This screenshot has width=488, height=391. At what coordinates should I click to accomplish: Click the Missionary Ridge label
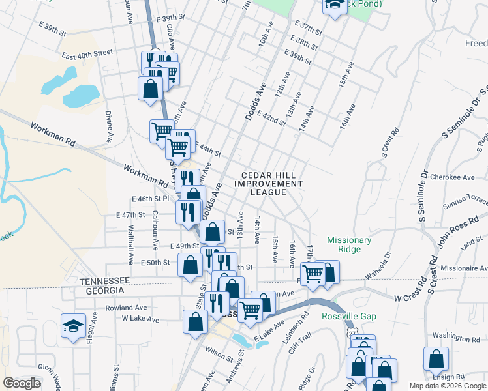click(x=349, y=244)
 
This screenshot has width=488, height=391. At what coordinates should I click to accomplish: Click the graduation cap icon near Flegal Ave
click(x=73, y=325)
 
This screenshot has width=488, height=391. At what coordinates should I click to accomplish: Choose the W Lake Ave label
click(x=140, y=319)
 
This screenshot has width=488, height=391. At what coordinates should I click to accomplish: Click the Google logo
click(x=22, y=383)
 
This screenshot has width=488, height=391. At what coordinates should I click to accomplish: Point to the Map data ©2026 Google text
click(x=447, y=386)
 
